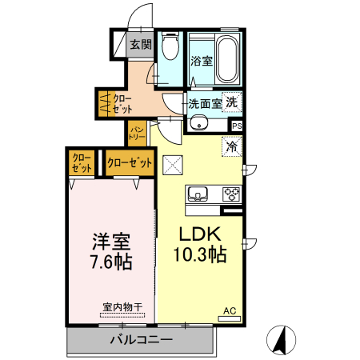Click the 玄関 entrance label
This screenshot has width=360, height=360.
click(141, 45)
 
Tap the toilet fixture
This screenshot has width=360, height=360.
click(170, 48)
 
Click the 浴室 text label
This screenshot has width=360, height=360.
click(201, 61)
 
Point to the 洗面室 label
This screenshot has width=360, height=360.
click(205, 103)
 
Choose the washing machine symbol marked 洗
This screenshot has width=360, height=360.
click(232, 102)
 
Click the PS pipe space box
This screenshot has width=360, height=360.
click(237, 126)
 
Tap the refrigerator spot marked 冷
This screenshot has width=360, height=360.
click(232, 147)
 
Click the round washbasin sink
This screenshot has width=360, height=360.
click(198, 123)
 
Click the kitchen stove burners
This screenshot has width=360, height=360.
click(231, 193)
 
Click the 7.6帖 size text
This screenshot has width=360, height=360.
click(111, 262)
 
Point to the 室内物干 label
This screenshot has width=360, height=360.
click(122, 306)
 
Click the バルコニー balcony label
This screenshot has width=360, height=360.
click(141, 340)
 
